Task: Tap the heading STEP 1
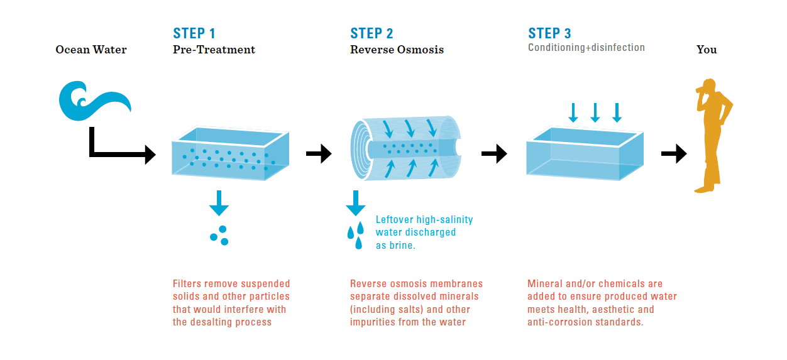tap(194, 33)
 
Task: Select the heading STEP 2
tap(371, 33)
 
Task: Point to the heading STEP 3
tap(549, 33)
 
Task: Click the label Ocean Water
tap(91, 50)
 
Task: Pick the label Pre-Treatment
tap(214, 50)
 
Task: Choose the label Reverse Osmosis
tap(397, 50)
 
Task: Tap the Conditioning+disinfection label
tap(586, 48)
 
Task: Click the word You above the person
tap(707, 50)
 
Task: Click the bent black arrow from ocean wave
tap(119, 148)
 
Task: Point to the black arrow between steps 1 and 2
tap(319, 153)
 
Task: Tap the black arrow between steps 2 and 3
tap(494, 153)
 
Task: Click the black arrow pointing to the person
tap(674, 153)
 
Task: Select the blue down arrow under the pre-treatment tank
tap(219, 202)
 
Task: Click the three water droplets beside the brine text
tap(355, 234)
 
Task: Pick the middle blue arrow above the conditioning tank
tap(595, 112)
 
